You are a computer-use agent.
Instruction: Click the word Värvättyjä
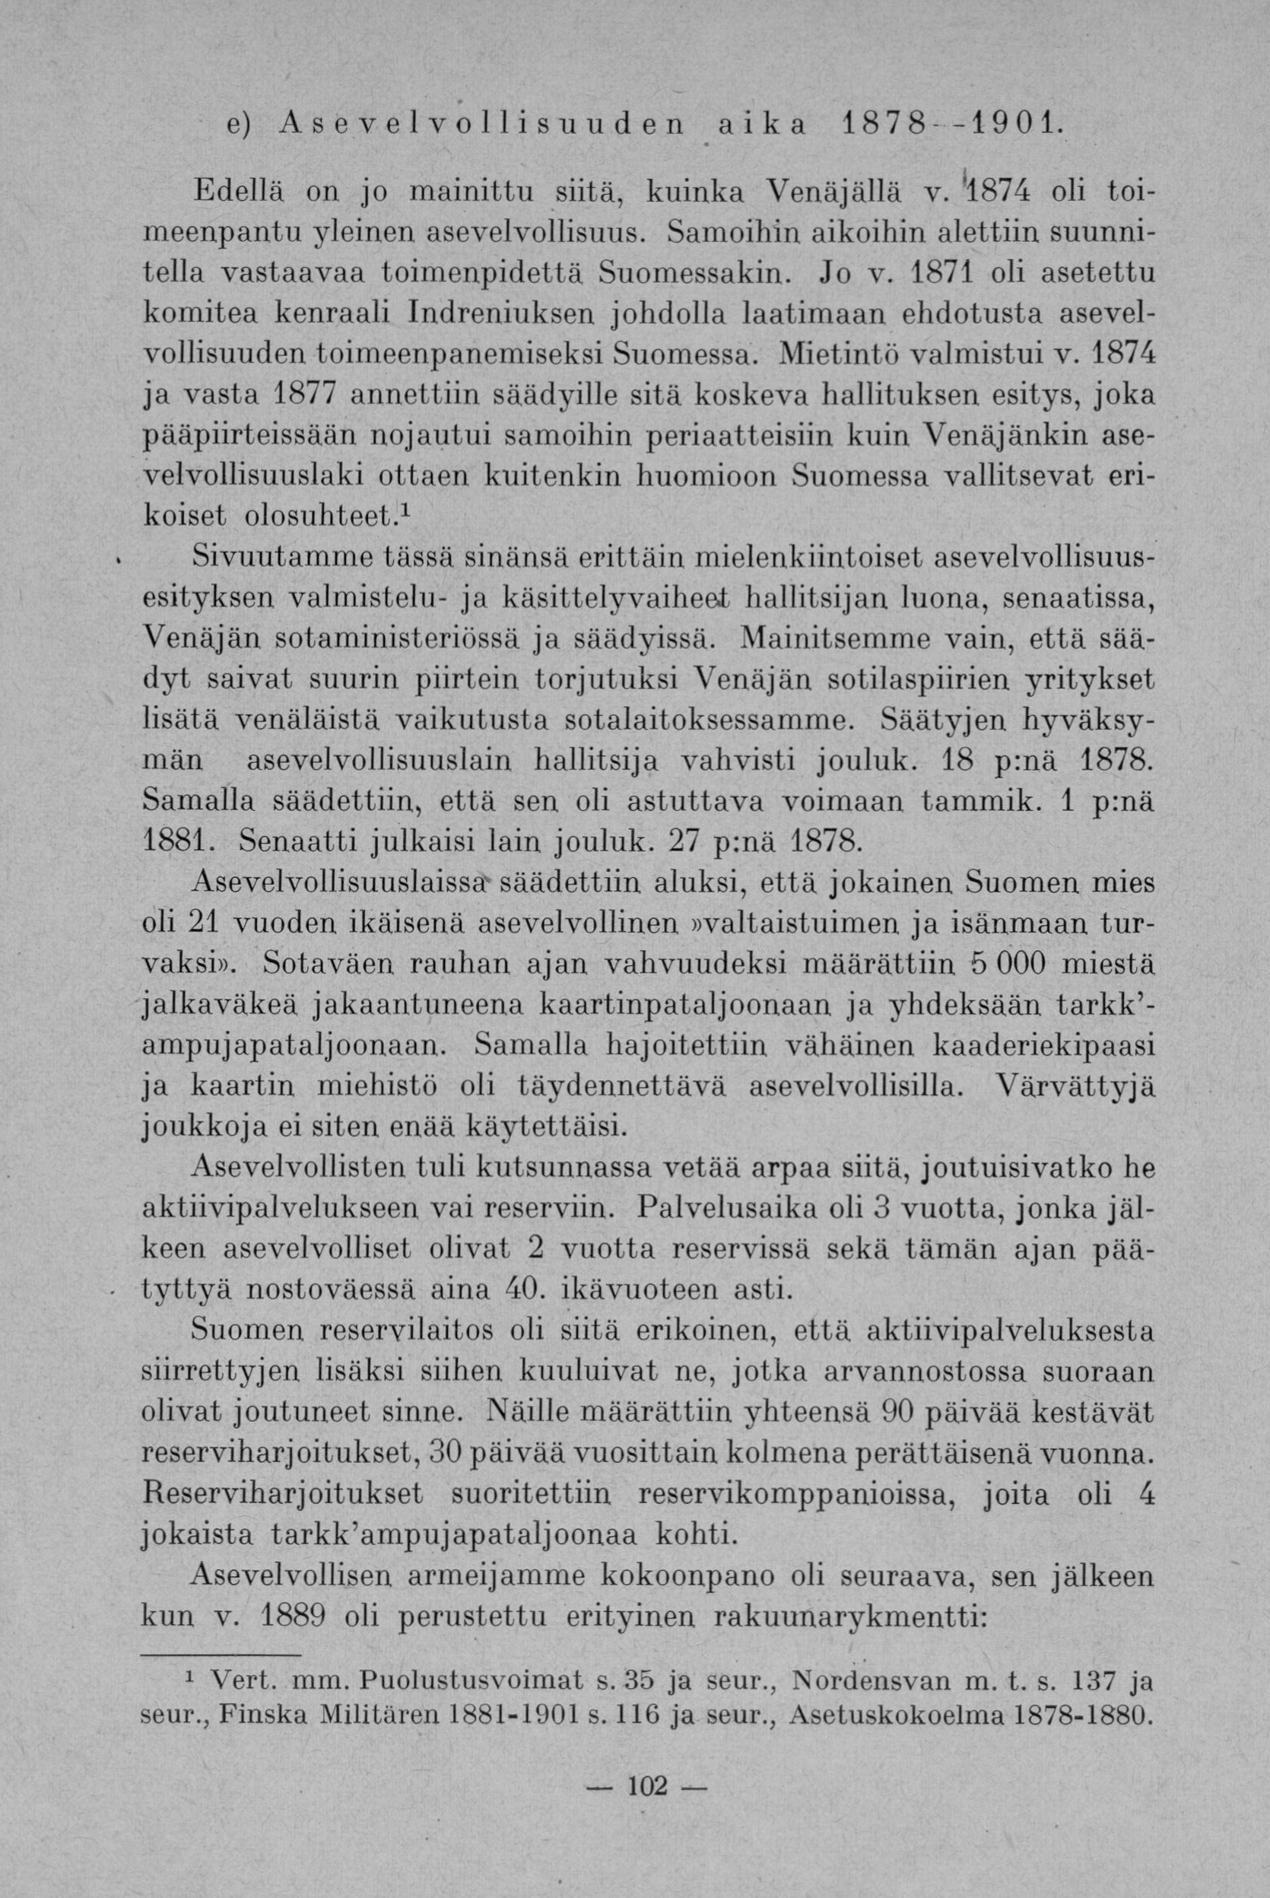pos(1075,1086)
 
